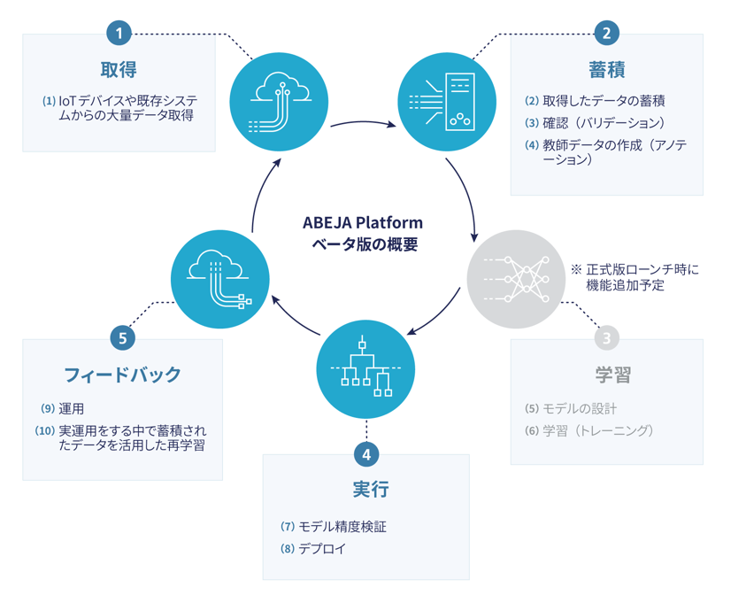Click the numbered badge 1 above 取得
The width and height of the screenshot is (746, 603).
point(119,34)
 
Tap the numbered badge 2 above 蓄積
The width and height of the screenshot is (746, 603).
point(606,34)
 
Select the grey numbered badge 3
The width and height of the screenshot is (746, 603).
point(606,337)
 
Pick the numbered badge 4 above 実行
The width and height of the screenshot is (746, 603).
point(365,455)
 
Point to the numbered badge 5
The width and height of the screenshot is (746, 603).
point(122,337)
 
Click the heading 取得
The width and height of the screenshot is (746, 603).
point(119,69)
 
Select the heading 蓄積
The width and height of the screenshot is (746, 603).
point(606,69)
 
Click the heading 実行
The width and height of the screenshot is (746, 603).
point(365,490)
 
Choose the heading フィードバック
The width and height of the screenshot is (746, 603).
point(122,374)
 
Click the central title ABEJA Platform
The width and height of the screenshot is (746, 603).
point(363,222)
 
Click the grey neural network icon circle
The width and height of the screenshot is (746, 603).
point(516,280)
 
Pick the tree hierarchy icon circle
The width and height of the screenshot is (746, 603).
point(365,369)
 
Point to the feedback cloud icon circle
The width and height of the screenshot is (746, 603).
point(219,280)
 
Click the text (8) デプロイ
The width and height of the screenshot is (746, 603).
point(313,549)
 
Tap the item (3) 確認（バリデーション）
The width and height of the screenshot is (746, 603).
point(594,123)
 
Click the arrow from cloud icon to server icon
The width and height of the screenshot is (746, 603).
point(363,124)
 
